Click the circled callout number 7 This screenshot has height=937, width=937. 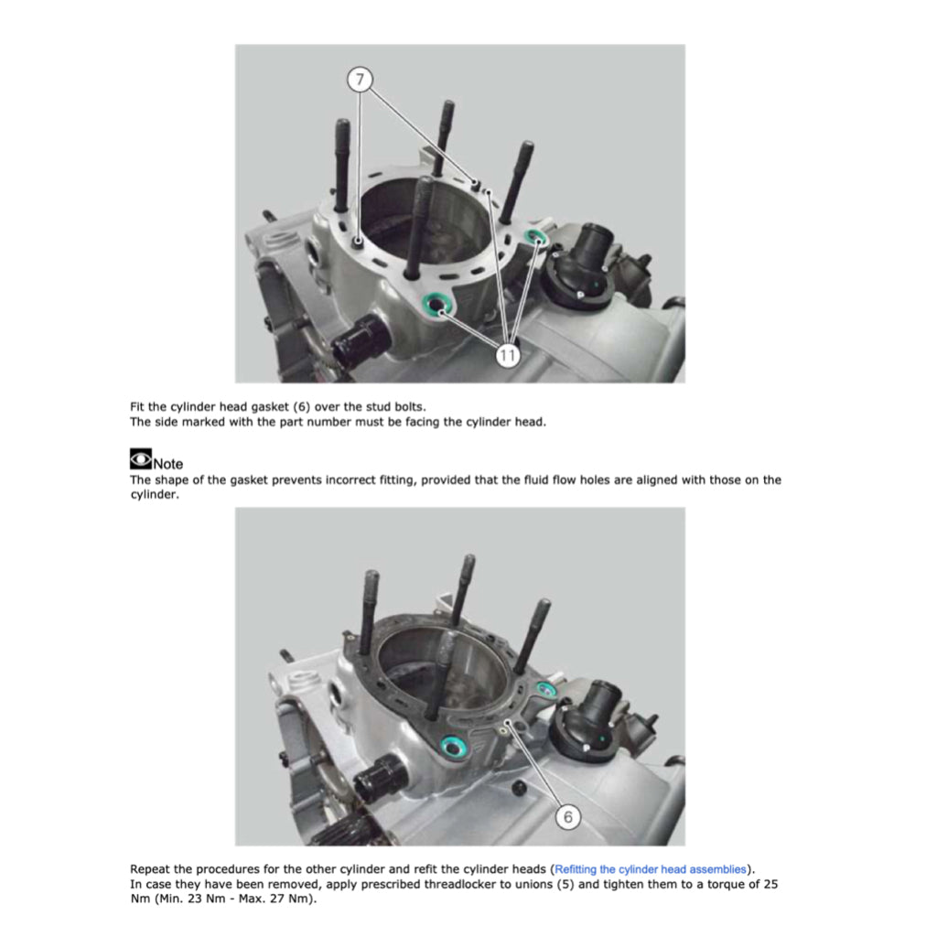coord(360,80)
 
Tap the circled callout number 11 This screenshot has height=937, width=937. coord(507,356)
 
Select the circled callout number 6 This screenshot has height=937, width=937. coord(567,816)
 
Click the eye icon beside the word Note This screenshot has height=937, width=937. coord(140,459)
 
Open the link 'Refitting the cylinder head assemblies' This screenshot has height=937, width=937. coord(651,869)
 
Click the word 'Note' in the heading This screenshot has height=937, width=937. coord(168,464)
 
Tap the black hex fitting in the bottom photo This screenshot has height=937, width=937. coord(380,776)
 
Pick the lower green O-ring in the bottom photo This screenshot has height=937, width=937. coord(453,747)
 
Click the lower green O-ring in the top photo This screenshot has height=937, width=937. coord(438,304)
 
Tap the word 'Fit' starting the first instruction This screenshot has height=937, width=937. coord(137,407)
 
